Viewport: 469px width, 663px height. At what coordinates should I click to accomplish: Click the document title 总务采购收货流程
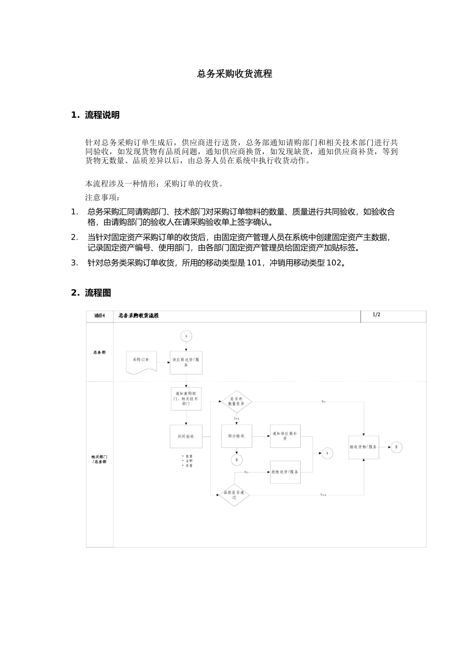click(x=234, y=74)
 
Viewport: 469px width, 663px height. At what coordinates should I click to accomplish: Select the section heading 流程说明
click(x=102, y=115)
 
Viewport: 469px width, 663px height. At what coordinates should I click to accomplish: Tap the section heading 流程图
click(x=98, y=293)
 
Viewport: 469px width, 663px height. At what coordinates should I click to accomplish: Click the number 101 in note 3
click(x=254, y=262)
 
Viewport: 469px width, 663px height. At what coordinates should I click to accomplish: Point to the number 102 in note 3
click(x=334, y=262)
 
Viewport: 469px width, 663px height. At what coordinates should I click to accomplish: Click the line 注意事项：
click(x=102, y=197)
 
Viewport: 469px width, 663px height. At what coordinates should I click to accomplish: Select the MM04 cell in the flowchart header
click(x=100, y=316)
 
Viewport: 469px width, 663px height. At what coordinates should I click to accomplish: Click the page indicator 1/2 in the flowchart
click(x=376, y=315)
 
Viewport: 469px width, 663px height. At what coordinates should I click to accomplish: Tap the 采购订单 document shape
click(x=141, y=362)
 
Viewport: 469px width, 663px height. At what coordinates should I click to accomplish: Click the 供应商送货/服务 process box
click(x=186, y=363)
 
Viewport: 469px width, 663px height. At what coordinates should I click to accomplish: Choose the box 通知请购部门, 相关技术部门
click(x=186, y=399)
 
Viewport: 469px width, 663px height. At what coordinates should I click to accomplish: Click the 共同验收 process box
click(x=186, y=436)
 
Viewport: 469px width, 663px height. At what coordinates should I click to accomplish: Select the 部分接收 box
click(x=236, y=436)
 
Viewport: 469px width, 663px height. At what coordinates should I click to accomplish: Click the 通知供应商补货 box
click(x=285, y=436)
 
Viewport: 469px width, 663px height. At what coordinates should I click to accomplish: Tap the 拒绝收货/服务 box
click(x=285, y=472)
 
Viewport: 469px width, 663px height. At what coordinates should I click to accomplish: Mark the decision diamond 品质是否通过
click(x=234, y=494)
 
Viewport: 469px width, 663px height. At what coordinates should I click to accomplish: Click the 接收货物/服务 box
click(x=363, y=447)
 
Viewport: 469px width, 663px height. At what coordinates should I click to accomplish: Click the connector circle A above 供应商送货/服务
click(x=186, y=336)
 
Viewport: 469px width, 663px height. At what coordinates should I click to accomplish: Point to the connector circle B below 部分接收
click(x=236, y=460)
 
